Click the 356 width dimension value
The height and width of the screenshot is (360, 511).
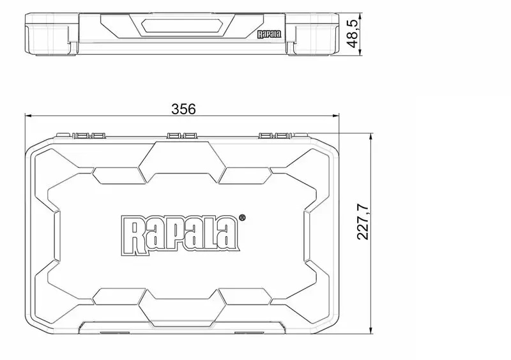coord(183,109)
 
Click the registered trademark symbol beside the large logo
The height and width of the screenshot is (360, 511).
coord(242,218)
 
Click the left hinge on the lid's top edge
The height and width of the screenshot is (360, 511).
coord(89,135)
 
